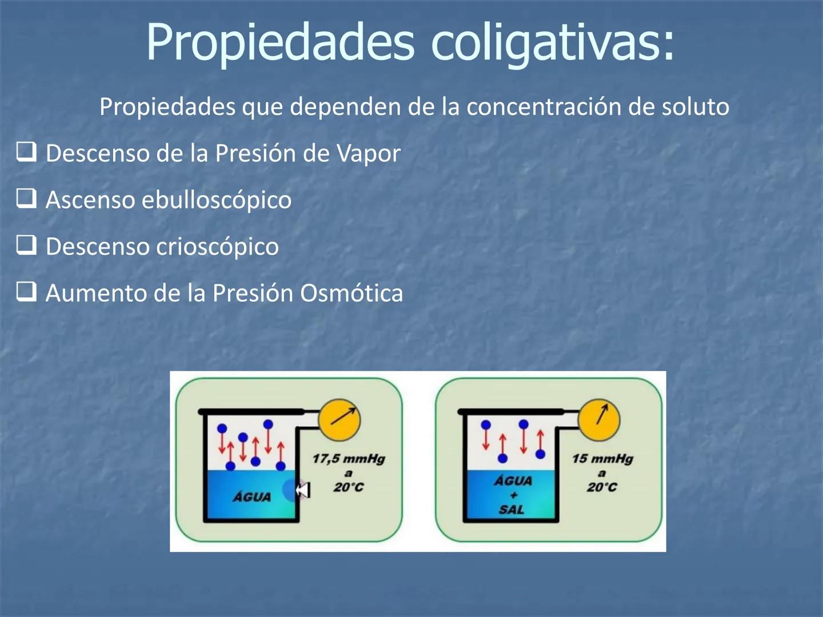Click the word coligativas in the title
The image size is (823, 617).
click(x=552, y=42)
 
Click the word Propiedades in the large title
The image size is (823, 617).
click(x=280, y=42)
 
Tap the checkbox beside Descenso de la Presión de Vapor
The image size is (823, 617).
click(x=26, y=152)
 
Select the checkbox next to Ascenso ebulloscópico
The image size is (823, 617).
click(x=26, y=199)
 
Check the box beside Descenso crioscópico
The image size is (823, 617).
click(x=26, y=245)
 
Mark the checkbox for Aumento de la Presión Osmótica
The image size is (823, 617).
click(x=26, y=292)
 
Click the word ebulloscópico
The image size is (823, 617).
click(x=217, y=200)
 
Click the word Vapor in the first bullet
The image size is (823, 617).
click(x=368, y=154)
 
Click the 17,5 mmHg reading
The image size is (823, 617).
click(x=349, y=459)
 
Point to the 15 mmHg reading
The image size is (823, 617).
click(x=602, y=459)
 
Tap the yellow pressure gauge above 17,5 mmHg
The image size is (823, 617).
click(x=339, y=420)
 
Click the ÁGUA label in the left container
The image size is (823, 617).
click(x=251, y=496)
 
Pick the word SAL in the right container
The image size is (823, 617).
click(x=511, y=510)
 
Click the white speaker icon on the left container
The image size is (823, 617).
click(x=302, y=490)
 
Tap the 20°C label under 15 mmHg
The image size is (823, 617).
click(x=602, y=487)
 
